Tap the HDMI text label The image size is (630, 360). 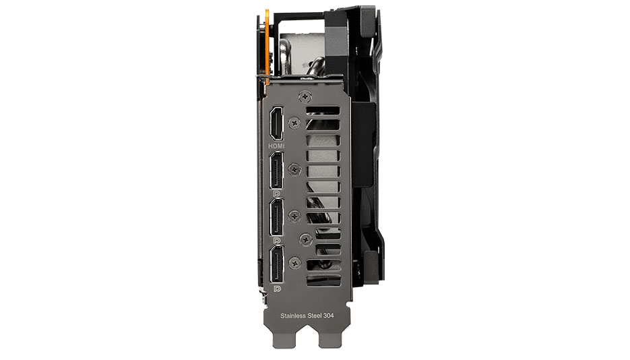point(276,146)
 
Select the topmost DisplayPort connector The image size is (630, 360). point(276,170)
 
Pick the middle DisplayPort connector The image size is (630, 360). point(276,217)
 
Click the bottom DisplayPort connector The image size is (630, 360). point(276,264)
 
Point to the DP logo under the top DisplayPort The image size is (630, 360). point(276,193)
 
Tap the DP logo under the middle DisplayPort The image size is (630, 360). point(276,240)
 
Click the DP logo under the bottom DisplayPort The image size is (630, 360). point(277,289)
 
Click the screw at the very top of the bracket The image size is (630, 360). point(305,96)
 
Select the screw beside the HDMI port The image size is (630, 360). point(295,123)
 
